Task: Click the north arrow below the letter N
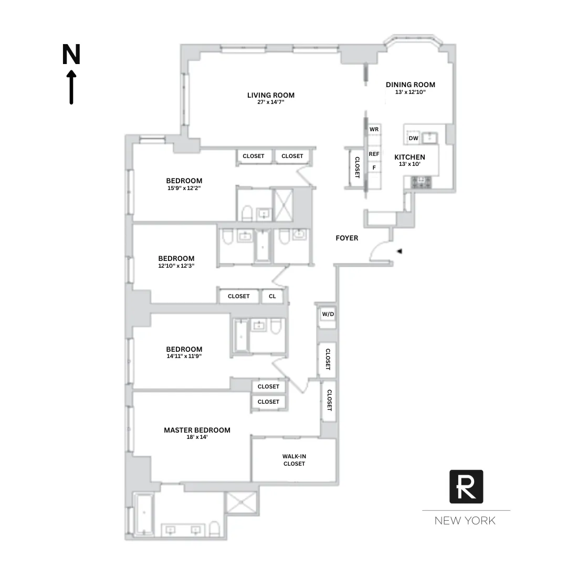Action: point(71,88)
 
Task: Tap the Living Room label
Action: point(271,95)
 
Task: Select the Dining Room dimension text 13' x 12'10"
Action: point(411,92)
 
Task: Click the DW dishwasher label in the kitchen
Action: point(413,139)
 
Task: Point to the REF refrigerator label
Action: point(374,154)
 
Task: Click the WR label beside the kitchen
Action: point(374,129)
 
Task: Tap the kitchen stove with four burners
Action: point(421,182)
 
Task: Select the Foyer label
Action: point(346,238)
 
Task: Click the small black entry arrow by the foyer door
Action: point(400,252)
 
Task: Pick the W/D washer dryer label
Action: point(328,314)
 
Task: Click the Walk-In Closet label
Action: point(294,460)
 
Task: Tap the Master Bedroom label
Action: point(197,430)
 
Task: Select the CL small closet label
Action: point(272,296)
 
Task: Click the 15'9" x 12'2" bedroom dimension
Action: point(184,187)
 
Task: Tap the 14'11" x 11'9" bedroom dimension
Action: point(184,355)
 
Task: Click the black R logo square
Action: point(466,487)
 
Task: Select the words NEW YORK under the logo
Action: point(465,521)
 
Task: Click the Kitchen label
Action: point(409,157)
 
